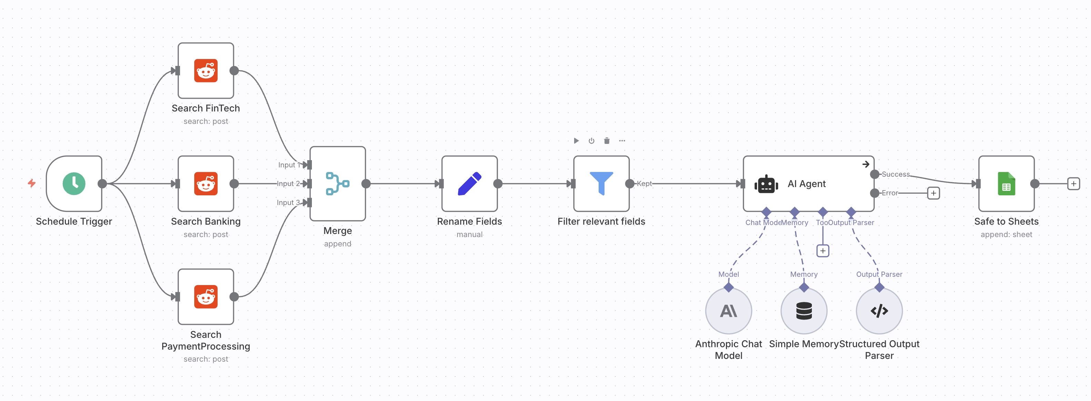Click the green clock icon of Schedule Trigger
coord(74,183)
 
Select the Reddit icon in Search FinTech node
coord(206,70)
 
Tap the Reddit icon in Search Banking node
coord(206,183)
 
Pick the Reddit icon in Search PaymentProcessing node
coord(206,296)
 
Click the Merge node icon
coord(337,183)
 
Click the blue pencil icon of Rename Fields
coord(469,183)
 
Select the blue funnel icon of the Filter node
coord(601,183)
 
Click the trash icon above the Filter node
coord(607,140)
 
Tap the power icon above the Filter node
coord(591,140)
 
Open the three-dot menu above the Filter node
coord(622,140)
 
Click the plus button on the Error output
coord(933,193)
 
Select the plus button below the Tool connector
coord(823,251)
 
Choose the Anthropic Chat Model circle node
coord(728,311)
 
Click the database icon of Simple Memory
coord(804,311)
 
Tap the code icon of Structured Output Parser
coord(879,311)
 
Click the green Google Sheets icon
coord(1006,183)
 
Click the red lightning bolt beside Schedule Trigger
coord(32,183)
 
